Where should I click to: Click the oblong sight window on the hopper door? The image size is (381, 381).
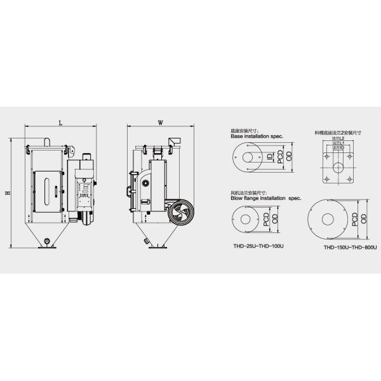(x=46, y=190)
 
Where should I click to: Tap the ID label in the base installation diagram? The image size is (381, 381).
(x=270, y=156)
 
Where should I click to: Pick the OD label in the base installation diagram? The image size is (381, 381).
(x=289, y=157)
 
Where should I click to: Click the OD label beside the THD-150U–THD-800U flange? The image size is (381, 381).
(x=363, y=219)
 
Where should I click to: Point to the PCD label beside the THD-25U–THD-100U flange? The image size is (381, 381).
(x=266, y=219)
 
